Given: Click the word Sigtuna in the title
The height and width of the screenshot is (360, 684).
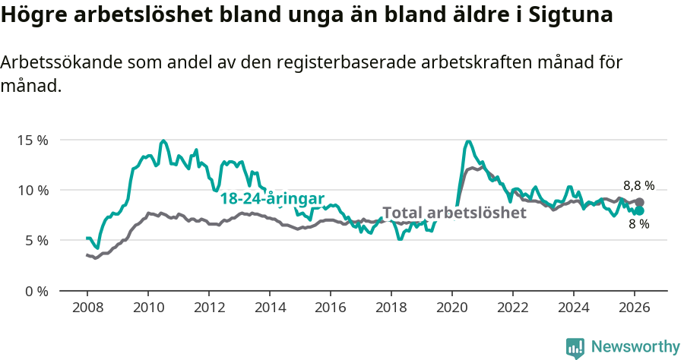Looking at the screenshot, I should tap(566, 15).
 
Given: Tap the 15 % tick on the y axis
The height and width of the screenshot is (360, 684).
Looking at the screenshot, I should tap(33, 140).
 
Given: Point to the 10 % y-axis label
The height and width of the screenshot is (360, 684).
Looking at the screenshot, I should tap(33, 190).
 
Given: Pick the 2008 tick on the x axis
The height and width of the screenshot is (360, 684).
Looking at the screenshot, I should tap(87, 308).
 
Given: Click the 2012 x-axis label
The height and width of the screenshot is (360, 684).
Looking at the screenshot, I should tap(209, 308).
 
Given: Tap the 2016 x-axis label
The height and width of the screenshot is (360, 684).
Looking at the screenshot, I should tap(331, 308).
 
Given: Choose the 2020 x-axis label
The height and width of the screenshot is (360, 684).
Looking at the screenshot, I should tap(452, 308).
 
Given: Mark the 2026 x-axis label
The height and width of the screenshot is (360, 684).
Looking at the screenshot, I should tap(635, 308).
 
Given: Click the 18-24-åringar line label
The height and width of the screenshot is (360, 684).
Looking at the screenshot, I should tap(272, 198).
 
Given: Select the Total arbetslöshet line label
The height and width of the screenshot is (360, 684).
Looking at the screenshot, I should tap(454, 213).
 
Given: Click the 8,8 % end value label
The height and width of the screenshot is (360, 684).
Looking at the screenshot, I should tap(638, 185).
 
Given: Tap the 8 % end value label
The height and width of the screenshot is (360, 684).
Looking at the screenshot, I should tap(638, 224).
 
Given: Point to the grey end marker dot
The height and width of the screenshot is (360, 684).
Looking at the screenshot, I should tap(639, 202).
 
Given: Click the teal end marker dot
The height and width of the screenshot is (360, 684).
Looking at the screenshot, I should tap(639, 210).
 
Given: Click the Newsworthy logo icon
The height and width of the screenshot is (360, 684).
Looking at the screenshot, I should tap(575, 348).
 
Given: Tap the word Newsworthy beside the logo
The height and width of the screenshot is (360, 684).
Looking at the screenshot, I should tap(635, 347).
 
